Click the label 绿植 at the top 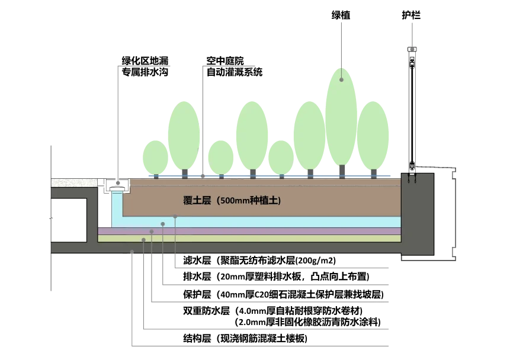pyautogui.click(x=341, y=15)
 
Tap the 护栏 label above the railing pyautogui.click(x=411, y=15)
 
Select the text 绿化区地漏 pyautogui.click(x=145, y=61)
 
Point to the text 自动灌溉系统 pyautogui.click(x=234, y=72)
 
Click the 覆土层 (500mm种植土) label pyautogui.click(x=232, y=200)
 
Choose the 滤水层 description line pyautogui.click(x=259, y=260)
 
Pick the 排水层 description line pyautogui.click(x=276, y=277)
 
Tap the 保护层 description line pyautogui.click(x=283, y=294)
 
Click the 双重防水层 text pyautogui.click(x=207, y=311)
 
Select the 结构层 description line pyautogui.click(x=245, y=339)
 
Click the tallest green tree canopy pyautogui.click(x=341, y=117)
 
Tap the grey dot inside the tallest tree pyautogui.click(x=341, y=80)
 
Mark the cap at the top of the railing pyautogui.click(x=412, y=49)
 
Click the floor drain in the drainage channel pyautogui.click(x=117, y=188)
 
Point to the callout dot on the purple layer pyautogui.click(x=152, y=232)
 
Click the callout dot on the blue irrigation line pyautogui.click(x=203, y=176)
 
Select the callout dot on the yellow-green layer pyautogui.click(x=143, y=240)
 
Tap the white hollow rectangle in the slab pyautogui.click(x=69, y=220)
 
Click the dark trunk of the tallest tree pyautogui.click(x=342, y=171)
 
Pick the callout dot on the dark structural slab pyautogui.click(x=131, y=252)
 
